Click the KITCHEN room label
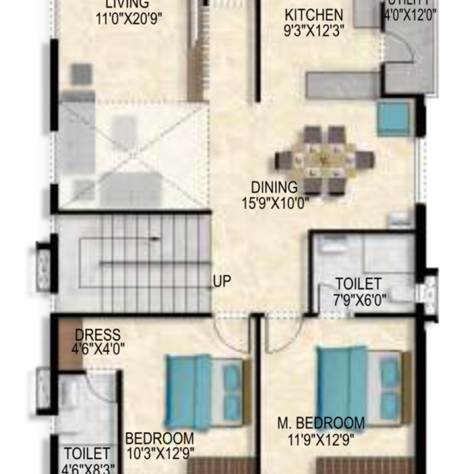314,15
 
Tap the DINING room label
274,187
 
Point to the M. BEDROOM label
321,423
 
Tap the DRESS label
97,335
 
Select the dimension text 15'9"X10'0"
275,203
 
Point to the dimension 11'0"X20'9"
129,19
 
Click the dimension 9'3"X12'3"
314,30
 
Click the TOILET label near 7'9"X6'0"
358,284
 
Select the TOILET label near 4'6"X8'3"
87,454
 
